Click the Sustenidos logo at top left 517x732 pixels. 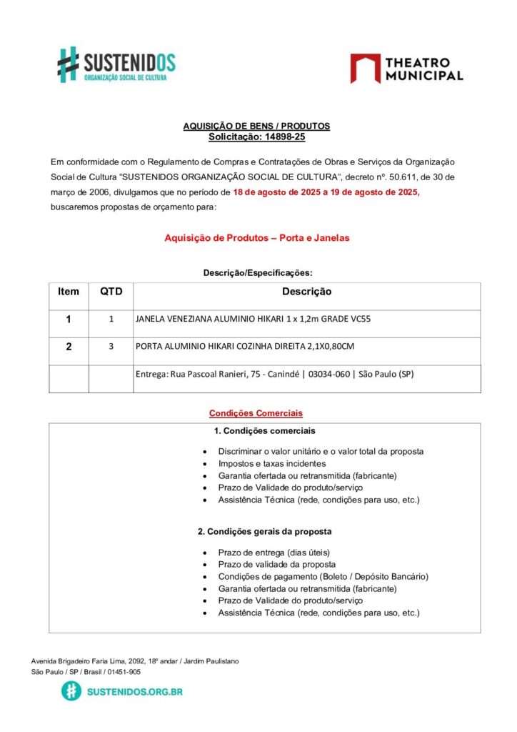(116, 64)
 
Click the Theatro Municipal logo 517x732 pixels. (406, 69)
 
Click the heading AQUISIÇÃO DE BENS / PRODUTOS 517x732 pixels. (256, 126)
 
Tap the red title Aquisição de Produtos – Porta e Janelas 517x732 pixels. (257, 238)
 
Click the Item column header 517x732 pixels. (69, 292)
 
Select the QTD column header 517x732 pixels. (111, 292)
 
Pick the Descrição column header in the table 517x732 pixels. (306, 292)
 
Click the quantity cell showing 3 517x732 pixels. (111, 347)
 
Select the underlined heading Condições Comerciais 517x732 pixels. (256, 413)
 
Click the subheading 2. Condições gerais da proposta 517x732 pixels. (264, 532)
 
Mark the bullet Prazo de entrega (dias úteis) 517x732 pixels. (274, 553)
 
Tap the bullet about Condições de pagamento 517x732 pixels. (323, 576)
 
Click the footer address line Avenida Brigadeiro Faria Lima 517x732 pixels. (135, 661)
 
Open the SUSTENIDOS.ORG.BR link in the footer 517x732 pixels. (134, 692)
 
